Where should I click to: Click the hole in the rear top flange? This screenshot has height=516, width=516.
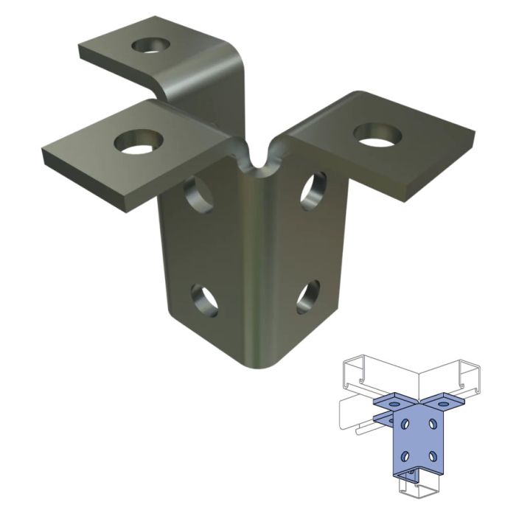click(x=151, y=46)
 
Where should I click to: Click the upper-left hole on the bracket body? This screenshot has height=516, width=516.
click(x=197, y=194)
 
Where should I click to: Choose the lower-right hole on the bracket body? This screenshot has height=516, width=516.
click(x=308, y=296)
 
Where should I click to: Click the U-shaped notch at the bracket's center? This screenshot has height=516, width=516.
click(x=257, y=159)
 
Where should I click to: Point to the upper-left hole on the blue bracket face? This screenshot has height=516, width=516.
click(x=405, y=425)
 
